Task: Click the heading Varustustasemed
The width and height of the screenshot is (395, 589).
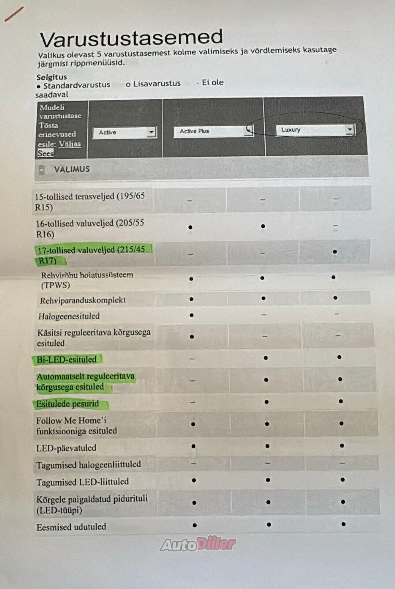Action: (x=131, y=39)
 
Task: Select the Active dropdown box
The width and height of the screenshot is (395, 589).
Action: (x=125, y=133)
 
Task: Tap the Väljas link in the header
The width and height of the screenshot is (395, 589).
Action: (x=70, y=144)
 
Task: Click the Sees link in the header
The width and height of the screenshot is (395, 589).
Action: (x=45, y=154)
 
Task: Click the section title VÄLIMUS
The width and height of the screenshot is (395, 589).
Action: (x=72, y=169)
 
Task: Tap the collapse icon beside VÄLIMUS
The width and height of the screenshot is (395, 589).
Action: (x=42, y=170)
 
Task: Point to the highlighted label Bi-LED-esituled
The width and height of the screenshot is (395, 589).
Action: (x=67, y=360)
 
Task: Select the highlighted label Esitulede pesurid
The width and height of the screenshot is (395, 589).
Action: (x=68, y=404)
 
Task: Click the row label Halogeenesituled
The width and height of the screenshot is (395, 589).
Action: (x=69, y=316)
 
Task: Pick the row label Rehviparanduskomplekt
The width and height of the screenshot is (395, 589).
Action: (x=83, y=300)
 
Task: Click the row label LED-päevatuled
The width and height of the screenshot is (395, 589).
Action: (x=66, y=448)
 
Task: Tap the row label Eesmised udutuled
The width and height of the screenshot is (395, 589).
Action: (x=71, y=527)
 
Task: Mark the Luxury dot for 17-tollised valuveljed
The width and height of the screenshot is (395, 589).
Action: (x=335, y=252)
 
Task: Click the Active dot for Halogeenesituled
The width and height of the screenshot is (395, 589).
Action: (x=192, y=315)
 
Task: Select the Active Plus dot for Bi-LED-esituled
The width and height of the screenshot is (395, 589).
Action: (x=265, y=358)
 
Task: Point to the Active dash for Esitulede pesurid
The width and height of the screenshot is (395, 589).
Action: (x=193, y=402)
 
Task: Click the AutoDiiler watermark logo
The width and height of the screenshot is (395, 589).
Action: (x=198, y=544)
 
